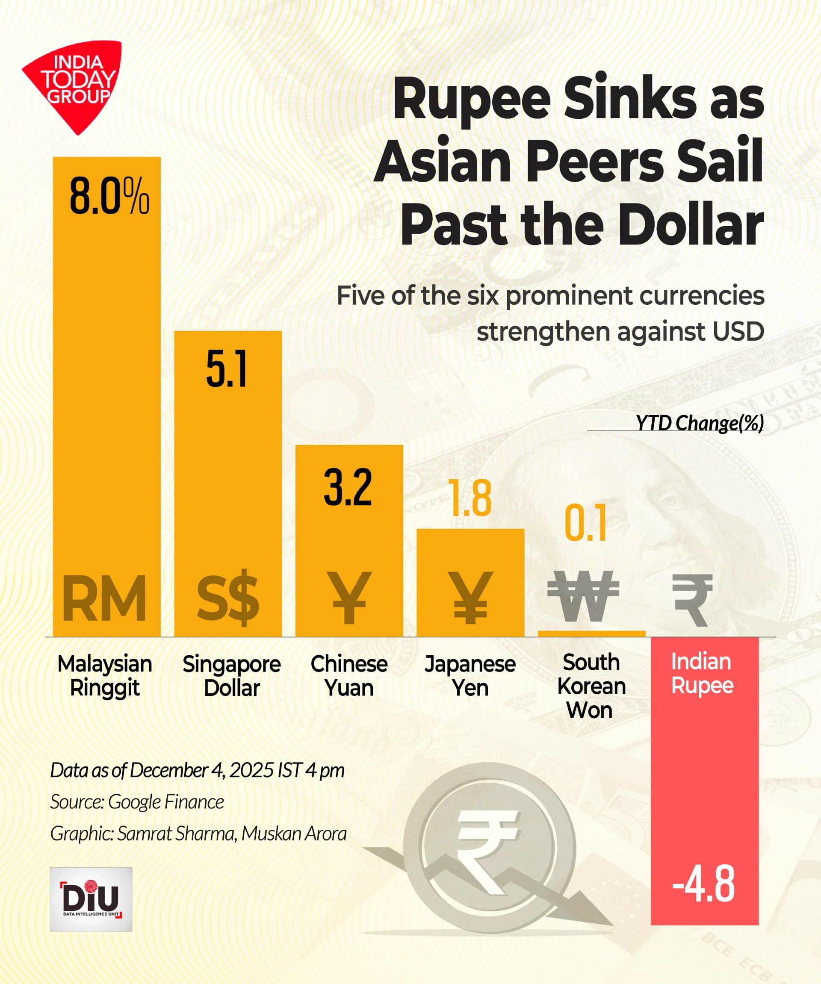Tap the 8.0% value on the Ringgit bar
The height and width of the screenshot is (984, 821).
[x=109, y=197]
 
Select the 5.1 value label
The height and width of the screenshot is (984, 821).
[x=227, y=370]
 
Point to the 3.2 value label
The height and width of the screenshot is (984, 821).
[x=348, y=487]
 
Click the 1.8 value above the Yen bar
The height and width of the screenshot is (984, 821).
[x=470, y=498]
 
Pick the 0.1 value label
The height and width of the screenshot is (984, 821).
[x=586, y=523]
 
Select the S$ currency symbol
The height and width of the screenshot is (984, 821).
[x=227, y=599]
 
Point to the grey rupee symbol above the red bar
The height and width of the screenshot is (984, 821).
[x=693, y=600]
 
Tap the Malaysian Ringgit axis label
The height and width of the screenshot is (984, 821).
[x=104, y=676]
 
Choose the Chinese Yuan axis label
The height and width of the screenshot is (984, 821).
[x=349, y=676]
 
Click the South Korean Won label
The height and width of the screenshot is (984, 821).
[x=591, y=686]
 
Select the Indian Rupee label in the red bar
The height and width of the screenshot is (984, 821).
[x=702, y=673]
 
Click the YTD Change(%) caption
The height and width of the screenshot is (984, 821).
[x=699, y=423]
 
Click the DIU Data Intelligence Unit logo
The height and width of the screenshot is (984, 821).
[x=91, y=899]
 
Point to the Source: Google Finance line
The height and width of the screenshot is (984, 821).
[x=137, y=802]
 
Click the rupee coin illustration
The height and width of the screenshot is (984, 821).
[x=489, y=848]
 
